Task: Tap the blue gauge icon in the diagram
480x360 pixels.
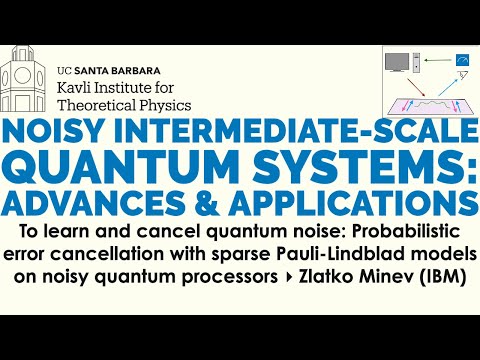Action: click(x=462, y=61)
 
